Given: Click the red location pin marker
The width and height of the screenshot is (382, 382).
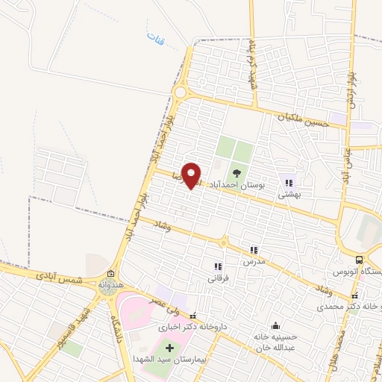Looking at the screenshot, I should (x=192, y=175).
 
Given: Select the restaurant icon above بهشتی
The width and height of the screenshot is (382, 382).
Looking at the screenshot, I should (x=289, y=181).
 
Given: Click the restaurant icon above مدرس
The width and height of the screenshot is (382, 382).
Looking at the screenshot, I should (x=254, y=251).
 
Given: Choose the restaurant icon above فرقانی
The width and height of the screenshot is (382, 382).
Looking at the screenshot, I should (x=218, y=266).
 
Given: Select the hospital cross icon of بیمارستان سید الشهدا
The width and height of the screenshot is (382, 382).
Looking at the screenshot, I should (x=169, y=348).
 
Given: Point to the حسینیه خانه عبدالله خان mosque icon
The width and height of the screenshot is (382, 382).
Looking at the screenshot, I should (x=277, y=325).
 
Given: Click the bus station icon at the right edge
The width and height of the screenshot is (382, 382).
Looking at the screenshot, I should (x=360, y=260).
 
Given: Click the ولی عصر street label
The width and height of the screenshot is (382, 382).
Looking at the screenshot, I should (x=165, y=304).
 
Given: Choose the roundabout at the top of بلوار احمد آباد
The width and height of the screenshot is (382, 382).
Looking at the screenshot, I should (x=180, y=93).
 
